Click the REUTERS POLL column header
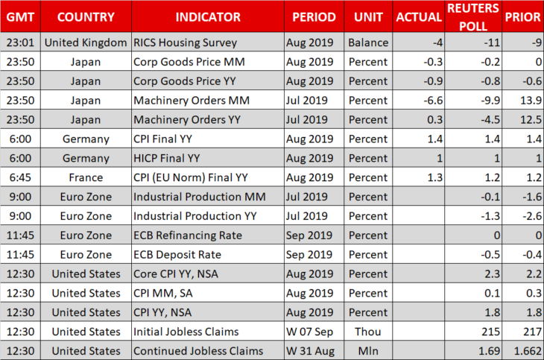coord(473,17)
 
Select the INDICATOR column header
coord(208,17)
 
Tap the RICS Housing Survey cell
coord(186,42)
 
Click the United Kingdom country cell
coord(86,42)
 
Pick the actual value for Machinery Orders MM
coord(433,101)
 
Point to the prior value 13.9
coord(531,101)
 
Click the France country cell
coord(86,177)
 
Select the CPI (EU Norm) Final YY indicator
coord(191,177)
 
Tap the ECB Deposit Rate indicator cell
coord(177,254)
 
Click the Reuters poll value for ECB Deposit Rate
coord(490,254)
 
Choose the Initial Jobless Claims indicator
coord(186,332)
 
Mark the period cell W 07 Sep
coord(309,332)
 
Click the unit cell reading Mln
coord(368,351)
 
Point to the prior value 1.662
coord(528,351)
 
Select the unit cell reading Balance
coord(368,42)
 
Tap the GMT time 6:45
coord(20,177)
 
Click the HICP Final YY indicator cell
coord(166,158)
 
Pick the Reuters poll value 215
coord(490,332)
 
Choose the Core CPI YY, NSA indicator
coord(176,274)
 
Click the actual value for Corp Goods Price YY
coord(433,81)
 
